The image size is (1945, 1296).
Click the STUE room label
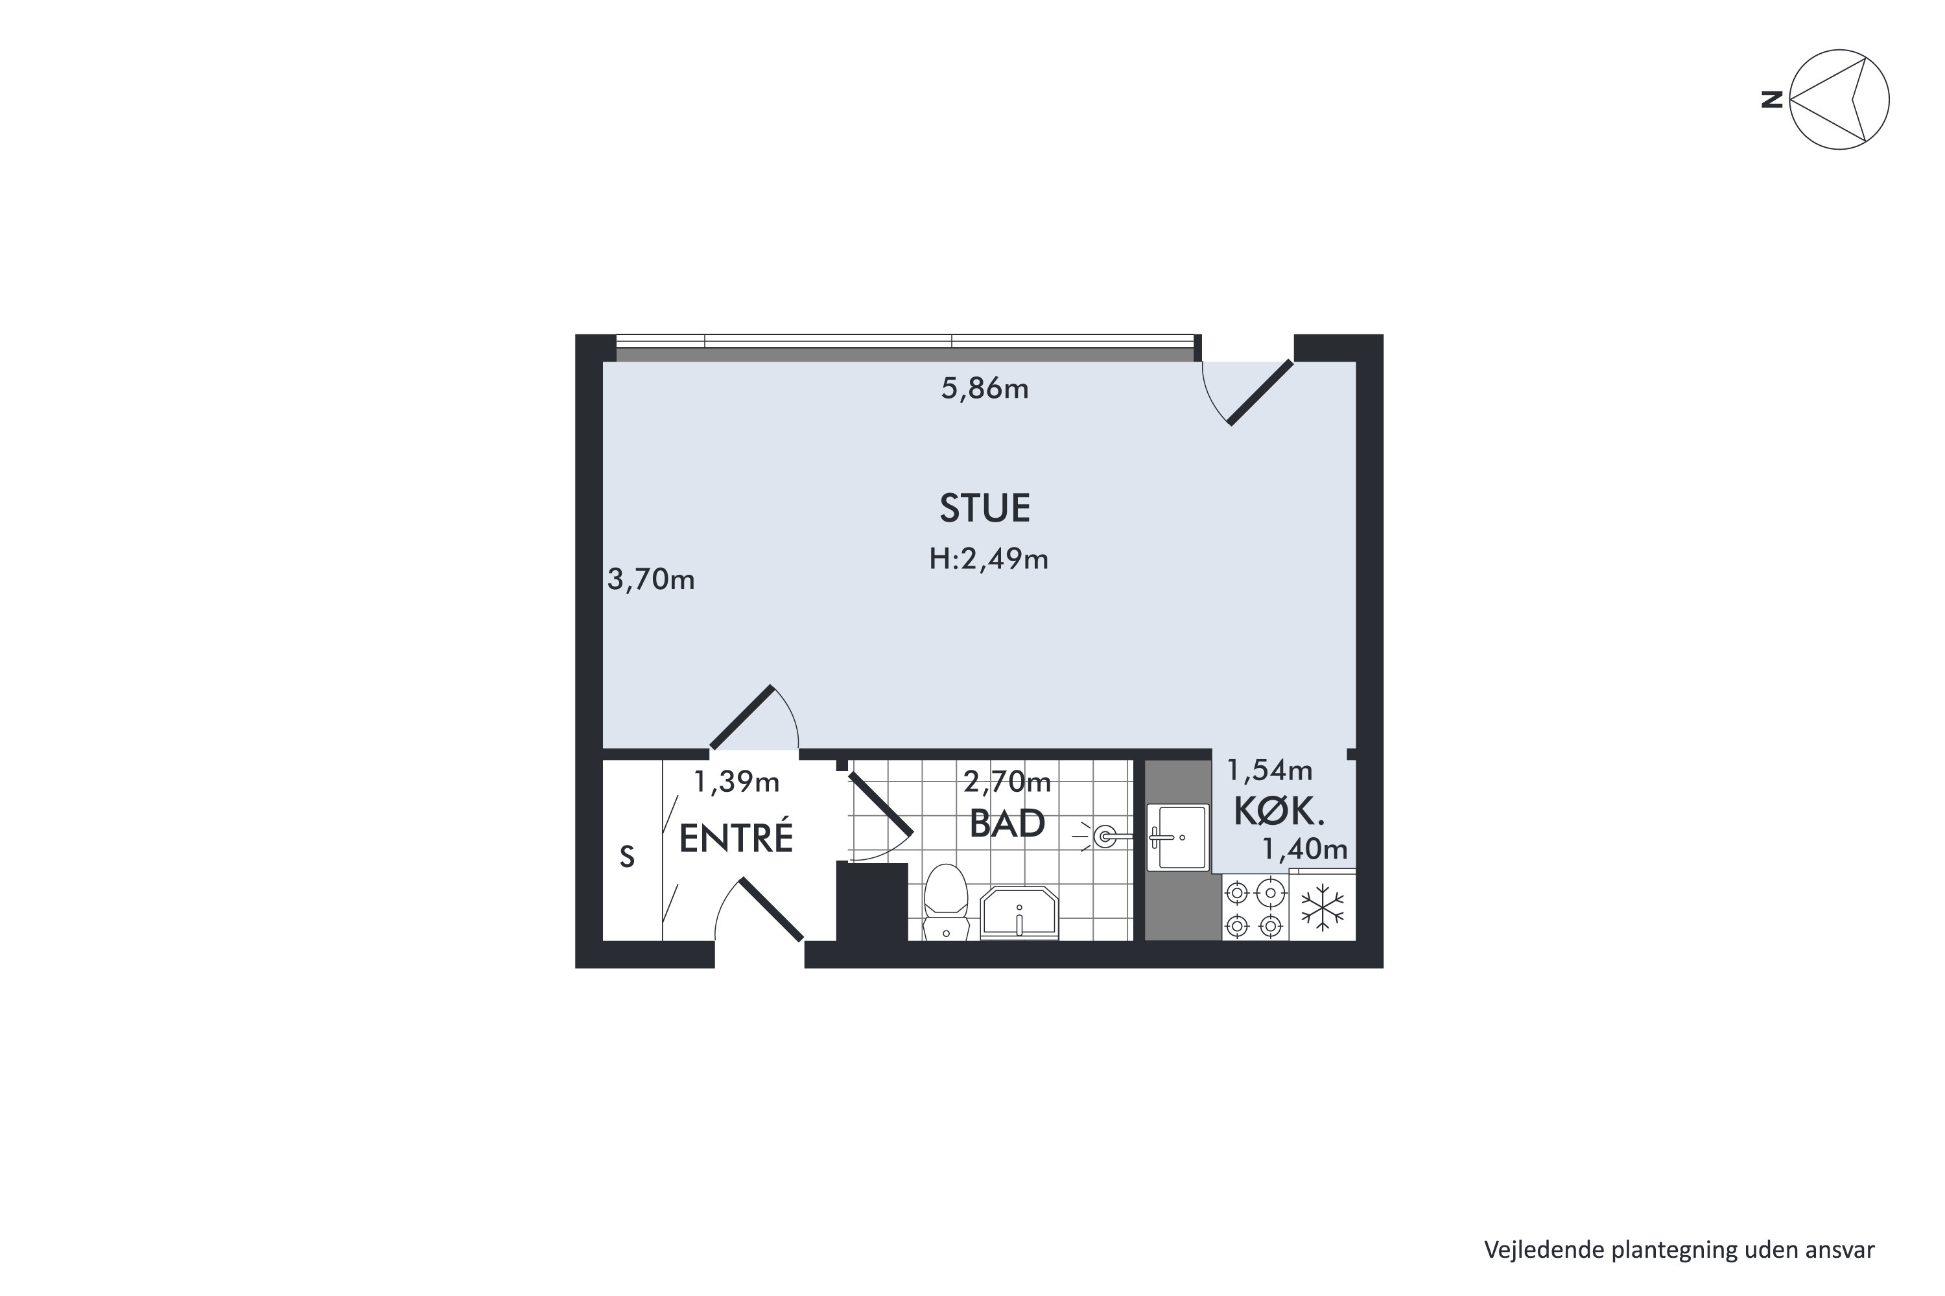(985, 508)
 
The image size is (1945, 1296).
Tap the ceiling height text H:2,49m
(989, 560)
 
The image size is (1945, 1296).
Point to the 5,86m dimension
(985, 388)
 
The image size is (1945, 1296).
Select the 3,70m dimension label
(651, 579)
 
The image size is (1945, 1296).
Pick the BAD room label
(1008, 823)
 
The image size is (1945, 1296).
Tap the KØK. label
(1279, 812)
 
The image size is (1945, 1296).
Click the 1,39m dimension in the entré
(736, 782)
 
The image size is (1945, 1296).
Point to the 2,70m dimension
(1008, 781)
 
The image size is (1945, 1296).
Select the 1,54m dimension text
(1269, 770)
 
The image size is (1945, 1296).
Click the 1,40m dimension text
(1304, 849)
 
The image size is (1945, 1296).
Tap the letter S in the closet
(628, 857)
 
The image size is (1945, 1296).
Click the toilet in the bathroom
(946, 903)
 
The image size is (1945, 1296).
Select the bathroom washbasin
(1019, 914)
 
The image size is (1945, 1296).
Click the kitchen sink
(1177, 837)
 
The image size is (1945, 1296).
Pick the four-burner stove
(1255, 908)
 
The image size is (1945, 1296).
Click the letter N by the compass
(1771, 100)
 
